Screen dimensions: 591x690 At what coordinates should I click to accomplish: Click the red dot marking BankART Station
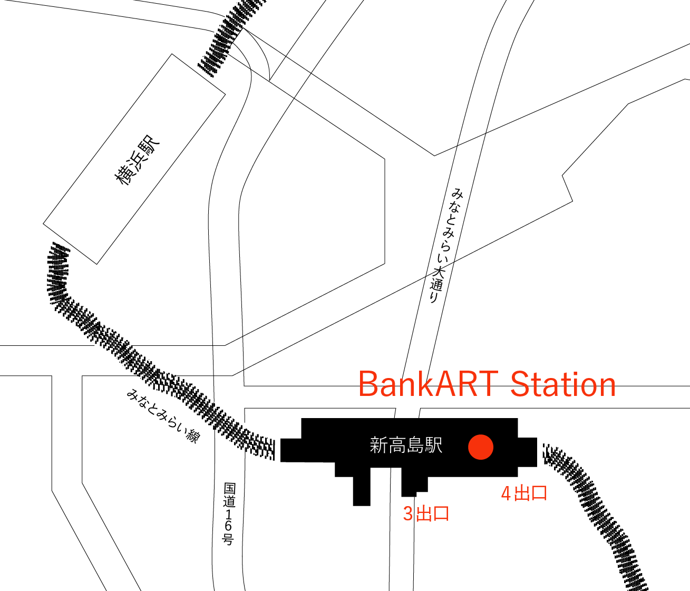pos(481,447)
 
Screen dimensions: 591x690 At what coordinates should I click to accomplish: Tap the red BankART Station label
pos(487,384)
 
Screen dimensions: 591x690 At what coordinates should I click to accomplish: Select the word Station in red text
pos(563,384)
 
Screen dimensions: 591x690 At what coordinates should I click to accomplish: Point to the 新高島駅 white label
pos(406,445)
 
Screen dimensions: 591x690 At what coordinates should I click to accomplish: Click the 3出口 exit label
pos(426,514)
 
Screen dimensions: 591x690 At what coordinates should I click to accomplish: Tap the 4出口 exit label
pos(524,493)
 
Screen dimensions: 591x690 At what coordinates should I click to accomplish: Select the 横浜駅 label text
pos(137,161)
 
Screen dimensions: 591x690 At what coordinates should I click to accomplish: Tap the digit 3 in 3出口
pos(408,514)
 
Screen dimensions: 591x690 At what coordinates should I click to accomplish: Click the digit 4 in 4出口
pos(506,494)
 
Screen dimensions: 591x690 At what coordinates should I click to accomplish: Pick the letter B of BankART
pos(369,384)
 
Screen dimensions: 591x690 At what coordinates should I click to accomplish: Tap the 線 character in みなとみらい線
pos(193,436)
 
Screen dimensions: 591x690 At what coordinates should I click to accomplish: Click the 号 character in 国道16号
pos(228,540)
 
